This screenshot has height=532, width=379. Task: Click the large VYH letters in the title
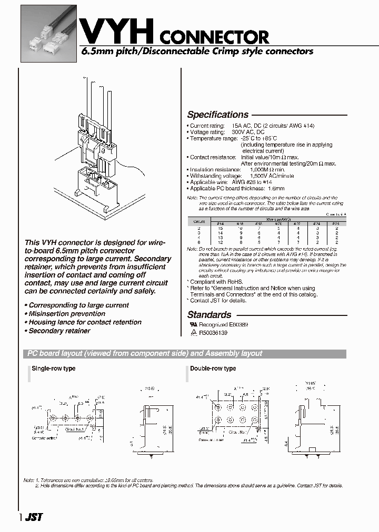(x=116, y=29)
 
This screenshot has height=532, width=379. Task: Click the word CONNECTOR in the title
(x=213, y=37)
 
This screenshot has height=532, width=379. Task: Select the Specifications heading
(x=218, y=115)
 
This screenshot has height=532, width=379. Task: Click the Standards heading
(x=210, y=315)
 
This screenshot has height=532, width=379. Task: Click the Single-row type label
(x=54, y=369)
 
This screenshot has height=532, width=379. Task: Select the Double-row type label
(x=213, y=369)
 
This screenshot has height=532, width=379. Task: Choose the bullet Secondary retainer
(x=59, y=331)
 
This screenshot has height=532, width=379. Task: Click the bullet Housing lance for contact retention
(x=85, y=322)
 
